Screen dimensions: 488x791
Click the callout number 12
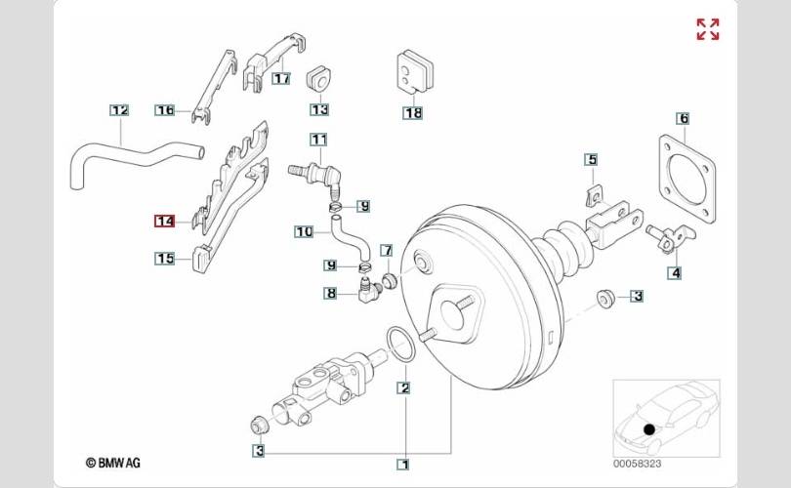coord(119,110)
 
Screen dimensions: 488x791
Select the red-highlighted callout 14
coord(164,222)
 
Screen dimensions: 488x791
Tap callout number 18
coord(413,113)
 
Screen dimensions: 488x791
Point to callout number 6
coord(684,119)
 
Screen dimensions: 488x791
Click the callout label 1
coord(403,465)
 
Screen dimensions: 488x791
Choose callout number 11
coord(318,139)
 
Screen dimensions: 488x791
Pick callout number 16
coord(164,110)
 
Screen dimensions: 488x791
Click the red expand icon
coord(707,29)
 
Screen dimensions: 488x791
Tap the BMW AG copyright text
coord(113,463)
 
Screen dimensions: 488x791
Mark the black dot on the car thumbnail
coord(649,429)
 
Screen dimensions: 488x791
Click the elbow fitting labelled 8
coord(366,288)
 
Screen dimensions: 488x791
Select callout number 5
coord(591,159)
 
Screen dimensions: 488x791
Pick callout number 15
coord(164,259)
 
